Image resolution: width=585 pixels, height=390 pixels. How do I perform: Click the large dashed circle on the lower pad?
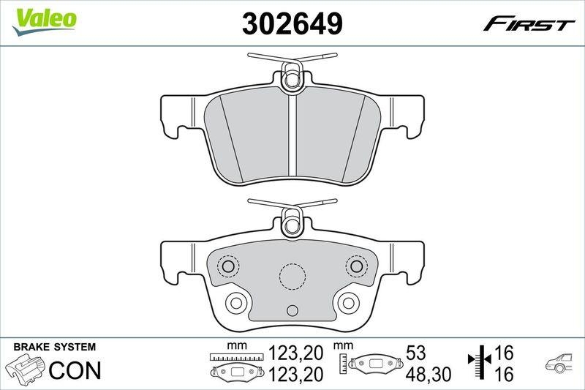[292, 276]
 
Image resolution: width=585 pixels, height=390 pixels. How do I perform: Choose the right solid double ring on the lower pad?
[349, 301]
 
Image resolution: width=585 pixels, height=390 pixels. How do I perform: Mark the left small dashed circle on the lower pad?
[229, 266]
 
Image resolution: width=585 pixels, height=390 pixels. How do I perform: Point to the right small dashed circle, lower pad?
[356, 266]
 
